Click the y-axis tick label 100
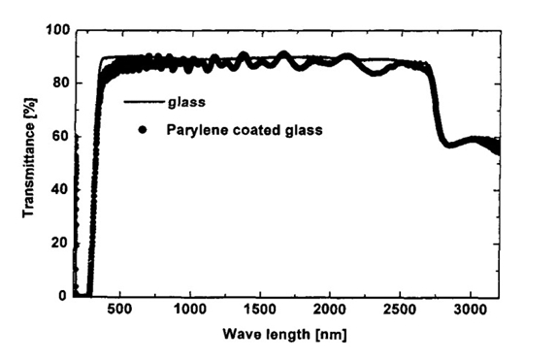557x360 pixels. pyautogui.click(x=54, y=31)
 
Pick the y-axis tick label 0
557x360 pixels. pyautogui.click(x=61, y=296)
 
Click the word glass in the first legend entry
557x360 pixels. pyautogui.click(x=182, y=101)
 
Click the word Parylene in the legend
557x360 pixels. pyautogui.click(x=193, y=127)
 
